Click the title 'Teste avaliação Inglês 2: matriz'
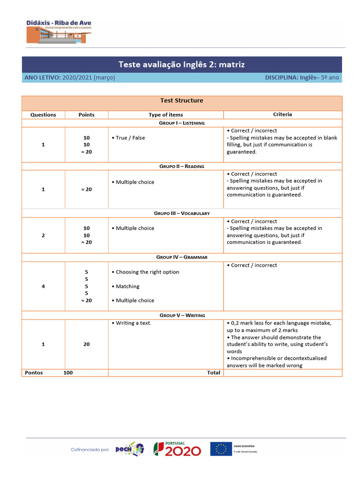(x=182, y=65)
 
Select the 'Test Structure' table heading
(x=182, y=101)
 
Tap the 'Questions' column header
(x=43, y=115)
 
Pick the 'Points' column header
(x=86, y=115)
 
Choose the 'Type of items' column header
(x=165, y=115)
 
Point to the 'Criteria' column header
(x=282, y=114)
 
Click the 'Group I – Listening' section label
(x=182, y=123)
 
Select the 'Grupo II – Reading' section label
(x=182, y=167)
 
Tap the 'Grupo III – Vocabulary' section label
(x=182, y=214)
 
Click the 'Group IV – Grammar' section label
(x=182, y=257)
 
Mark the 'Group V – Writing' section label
(x=182, y=315)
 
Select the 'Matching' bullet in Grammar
(x=127, y=286)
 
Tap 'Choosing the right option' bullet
(x=147, y=272)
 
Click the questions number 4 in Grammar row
(x=43, y=286)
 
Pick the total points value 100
(x=68, y=373)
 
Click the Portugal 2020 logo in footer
(x=177, y=449)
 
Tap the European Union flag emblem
(x=221, y=449)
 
